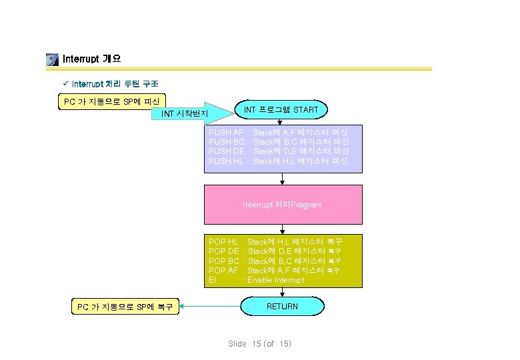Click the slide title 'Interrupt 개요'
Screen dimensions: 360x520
[x=91, y=59]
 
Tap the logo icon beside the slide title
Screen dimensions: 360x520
[x=52, y=59]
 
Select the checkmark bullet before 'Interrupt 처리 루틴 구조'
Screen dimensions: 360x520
[x=65, y=84]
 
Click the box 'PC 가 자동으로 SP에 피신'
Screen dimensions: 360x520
[x=111, y=101]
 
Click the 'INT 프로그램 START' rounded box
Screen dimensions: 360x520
[x=281, y=109]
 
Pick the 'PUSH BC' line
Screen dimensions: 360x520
[x=278, y=142]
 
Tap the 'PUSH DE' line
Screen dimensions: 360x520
[x=278, y=151]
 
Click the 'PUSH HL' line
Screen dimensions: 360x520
[x=278, y=161]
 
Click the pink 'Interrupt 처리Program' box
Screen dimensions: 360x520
[x=283, y=204]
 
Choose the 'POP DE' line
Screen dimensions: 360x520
[x=275, y=251]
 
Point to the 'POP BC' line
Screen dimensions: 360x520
[x=275, y=261]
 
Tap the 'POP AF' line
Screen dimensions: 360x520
[x=275, y=270]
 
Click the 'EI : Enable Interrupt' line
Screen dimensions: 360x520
[x=257, y=280]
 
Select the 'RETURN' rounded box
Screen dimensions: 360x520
[x=283, y=307]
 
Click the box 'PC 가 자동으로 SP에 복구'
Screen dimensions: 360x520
[x=125, y=307]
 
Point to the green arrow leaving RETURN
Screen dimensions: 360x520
[x=210, y=307]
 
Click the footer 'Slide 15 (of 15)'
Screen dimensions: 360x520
[x=259, y=343]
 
